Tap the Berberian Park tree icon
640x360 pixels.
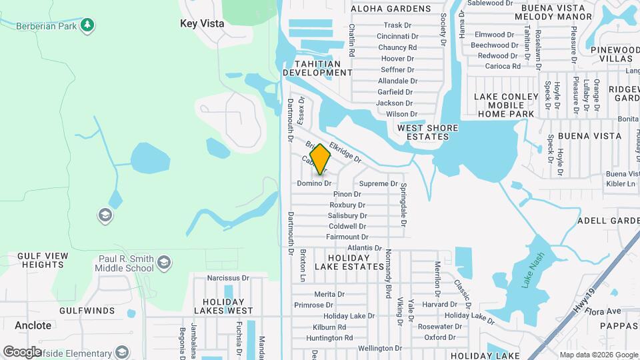87,25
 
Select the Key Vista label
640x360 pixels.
202,23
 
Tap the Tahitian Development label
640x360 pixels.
317,68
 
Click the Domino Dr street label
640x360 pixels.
314,183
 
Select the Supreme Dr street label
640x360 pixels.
378,183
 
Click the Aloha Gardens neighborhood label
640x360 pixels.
391,9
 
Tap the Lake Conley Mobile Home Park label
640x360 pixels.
506,105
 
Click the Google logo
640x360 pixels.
21,351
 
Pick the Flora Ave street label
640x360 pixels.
604,311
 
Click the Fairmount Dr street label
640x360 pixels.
347,237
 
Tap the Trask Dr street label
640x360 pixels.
397,25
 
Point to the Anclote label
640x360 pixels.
33,326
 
